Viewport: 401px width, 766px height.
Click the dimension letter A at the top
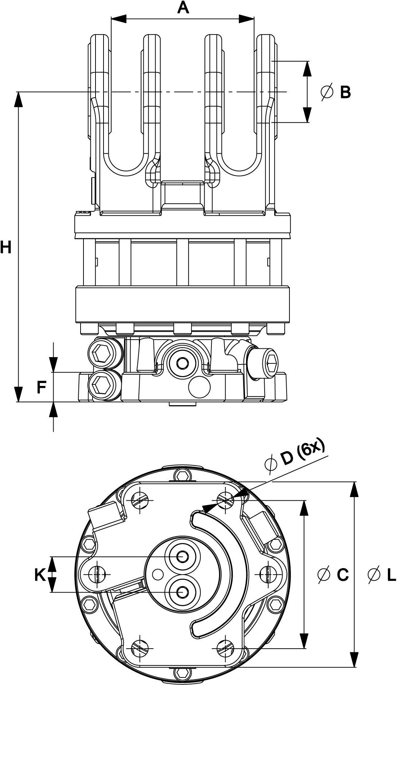[183, 8]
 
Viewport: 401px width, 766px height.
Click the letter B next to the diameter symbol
[345, 92]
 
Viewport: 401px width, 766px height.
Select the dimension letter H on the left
[5, 247]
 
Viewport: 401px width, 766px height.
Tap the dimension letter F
[42, 387]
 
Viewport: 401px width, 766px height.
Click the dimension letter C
[343, 575]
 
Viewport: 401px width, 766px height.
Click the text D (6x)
[303, 454]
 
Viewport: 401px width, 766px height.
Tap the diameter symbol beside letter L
[374, 575]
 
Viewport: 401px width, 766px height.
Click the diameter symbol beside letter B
[327, 92]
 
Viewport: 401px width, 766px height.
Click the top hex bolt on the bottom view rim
[182, 475]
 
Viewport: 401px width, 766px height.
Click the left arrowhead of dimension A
[118, 19]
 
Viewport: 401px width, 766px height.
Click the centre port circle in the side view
[182, 363]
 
